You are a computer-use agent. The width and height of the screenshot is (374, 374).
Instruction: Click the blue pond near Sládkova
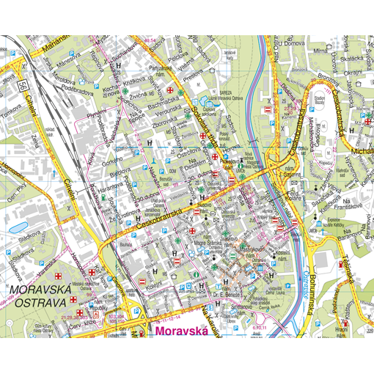tap(18, 228)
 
